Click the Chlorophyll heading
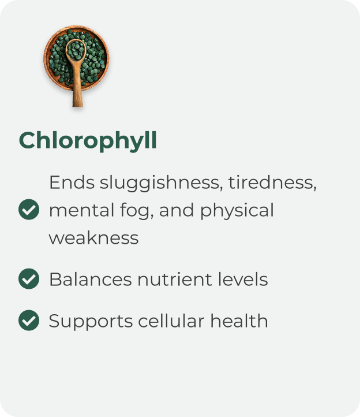88,141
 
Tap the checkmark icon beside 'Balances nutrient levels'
29,279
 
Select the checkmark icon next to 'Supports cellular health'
29,320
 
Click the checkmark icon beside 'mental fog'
29,209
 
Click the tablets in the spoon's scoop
76,50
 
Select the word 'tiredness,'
272,183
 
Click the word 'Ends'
72,183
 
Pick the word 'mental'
82,210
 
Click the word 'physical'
237,211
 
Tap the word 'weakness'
93,238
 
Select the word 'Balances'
91,279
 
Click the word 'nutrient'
175,279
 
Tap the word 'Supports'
91,322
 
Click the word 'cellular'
171,321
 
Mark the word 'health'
239,321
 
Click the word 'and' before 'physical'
177,210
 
